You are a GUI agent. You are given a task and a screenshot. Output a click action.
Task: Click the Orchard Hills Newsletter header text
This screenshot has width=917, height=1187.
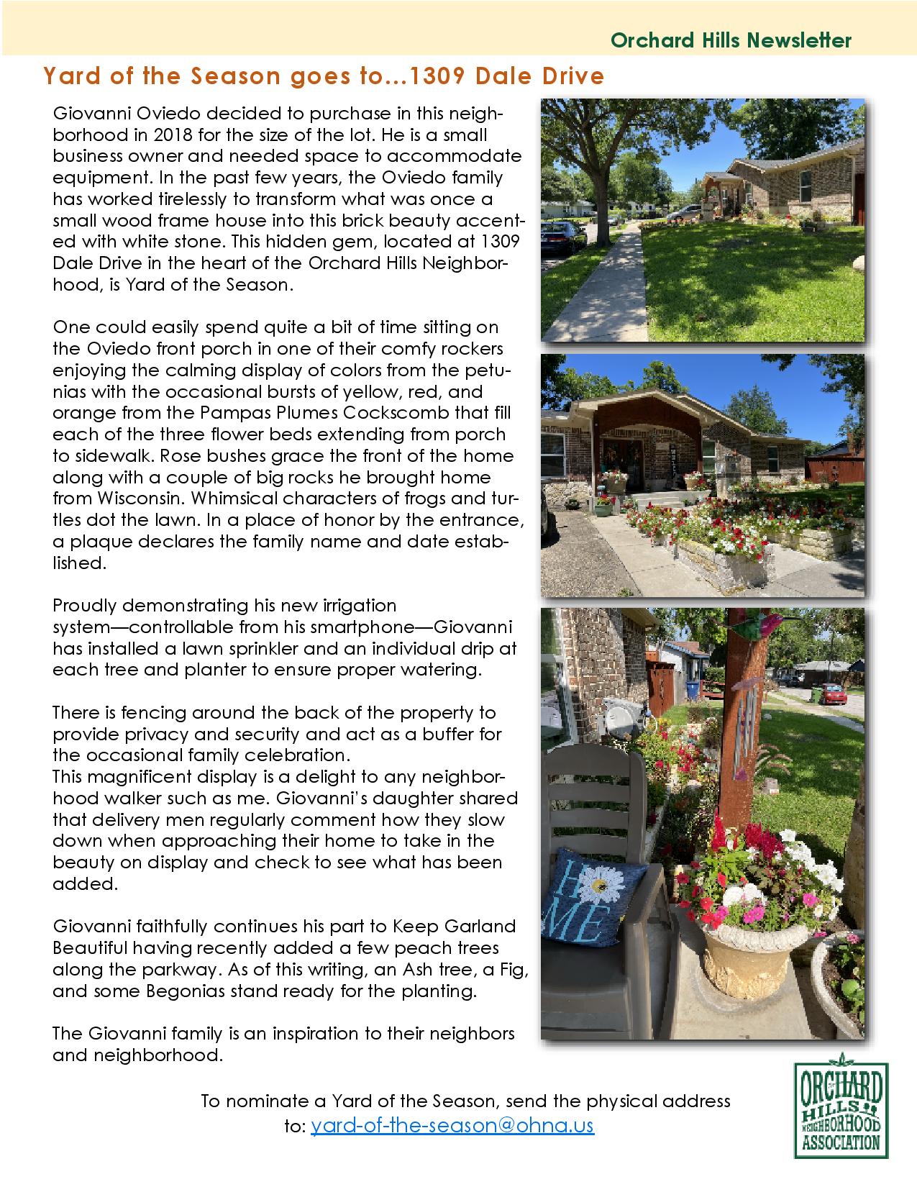pos(731,40)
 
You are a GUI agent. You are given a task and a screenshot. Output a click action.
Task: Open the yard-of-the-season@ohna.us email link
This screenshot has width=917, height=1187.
pos(452,1126)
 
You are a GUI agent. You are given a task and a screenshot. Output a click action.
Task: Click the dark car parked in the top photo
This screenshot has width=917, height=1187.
pos(561,235)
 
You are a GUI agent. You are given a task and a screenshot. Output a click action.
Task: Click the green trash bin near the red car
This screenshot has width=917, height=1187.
pos(816,694)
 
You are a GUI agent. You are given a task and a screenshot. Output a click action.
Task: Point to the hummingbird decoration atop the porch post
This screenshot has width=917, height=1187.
pos(768,624)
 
